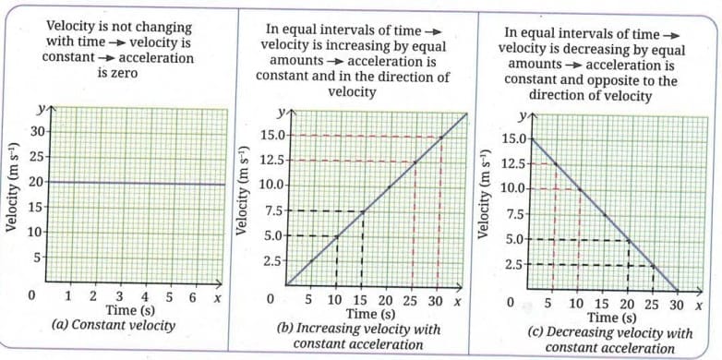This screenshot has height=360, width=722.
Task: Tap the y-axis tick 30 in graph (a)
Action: tap(37, 133)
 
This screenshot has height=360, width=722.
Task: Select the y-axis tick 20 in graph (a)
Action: tap(37, 182)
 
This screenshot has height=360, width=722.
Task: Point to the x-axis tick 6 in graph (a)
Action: tap(191, 297)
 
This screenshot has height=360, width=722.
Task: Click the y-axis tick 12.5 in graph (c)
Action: tap(513, 164)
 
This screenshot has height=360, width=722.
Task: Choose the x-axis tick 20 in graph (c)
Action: tap(628, 303)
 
